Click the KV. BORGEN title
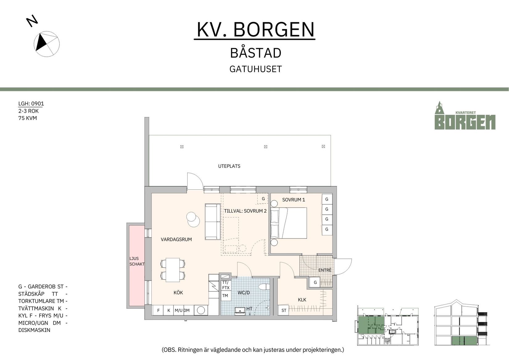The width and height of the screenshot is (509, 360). click(255, 30)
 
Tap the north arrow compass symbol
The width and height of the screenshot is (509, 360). click(46, 44)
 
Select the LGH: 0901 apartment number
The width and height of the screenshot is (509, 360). click(31, 104)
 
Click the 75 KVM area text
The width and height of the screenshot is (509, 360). click(27, 118)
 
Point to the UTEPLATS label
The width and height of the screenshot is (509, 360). click(229, 166)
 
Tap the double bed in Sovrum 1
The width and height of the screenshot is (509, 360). click(289, 223)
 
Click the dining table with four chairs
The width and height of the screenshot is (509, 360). click(173, 270)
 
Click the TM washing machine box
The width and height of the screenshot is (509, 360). click(225, 296)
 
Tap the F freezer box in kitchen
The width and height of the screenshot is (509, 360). click(158, 310)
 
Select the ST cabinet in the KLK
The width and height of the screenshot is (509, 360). click(284, 310)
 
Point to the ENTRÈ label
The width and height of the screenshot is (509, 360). click(325, 270)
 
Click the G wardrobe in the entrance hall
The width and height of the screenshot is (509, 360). click(315, 282)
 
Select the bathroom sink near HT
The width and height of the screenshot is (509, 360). click(240, 310)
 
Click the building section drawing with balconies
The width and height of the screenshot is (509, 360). click(461, 323)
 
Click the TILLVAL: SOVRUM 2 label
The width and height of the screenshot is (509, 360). click(245, 211)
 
